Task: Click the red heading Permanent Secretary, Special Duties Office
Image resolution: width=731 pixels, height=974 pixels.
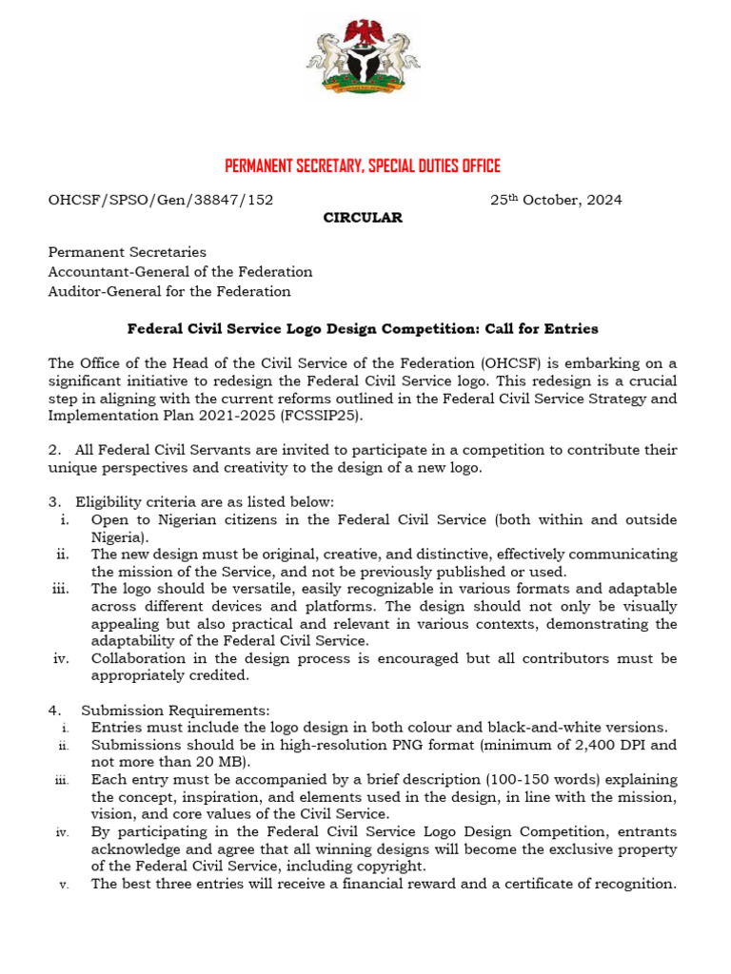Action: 363,166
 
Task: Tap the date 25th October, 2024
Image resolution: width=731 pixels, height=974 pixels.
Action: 556,200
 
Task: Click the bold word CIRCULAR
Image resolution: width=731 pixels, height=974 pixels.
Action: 363,218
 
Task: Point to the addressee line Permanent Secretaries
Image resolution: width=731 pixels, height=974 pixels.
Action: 128,253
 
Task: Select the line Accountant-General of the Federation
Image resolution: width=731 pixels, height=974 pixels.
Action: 181,272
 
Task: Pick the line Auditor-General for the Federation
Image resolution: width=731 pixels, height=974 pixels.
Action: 169,291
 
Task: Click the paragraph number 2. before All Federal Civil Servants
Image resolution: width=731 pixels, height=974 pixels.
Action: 54,450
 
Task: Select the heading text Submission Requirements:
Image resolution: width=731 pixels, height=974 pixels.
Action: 176,710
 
